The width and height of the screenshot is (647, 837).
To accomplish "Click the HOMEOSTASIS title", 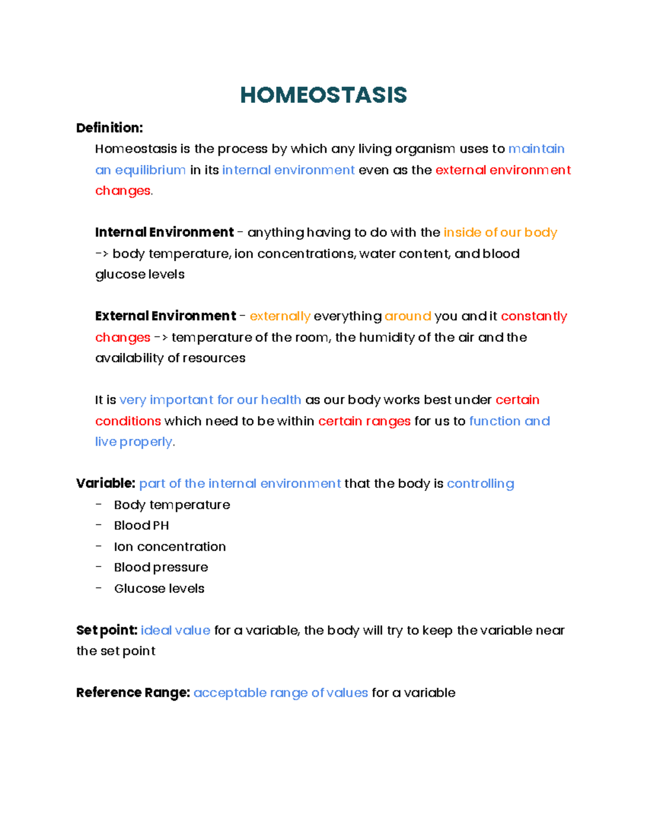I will coord(323,95).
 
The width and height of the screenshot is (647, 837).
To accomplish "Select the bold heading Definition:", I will coord(109,128).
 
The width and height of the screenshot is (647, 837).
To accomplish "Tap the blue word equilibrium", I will coord(150,170).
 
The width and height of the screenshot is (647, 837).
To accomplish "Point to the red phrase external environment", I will coord(503,170).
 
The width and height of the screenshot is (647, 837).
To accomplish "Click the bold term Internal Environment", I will coord(164,232).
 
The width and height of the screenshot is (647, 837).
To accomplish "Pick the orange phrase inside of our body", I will coord(500,232).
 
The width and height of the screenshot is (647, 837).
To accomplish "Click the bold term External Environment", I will coord(166,316).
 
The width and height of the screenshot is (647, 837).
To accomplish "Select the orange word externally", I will coord(280,316).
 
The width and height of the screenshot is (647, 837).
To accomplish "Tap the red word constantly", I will coord(534,316).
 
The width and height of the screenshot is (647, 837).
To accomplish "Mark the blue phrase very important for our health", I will coord(210,400).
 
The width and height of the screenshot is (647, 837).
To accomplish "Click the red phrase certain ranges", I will coord(364,421).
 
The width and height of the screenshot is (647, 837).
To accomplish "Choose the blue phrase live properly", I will coord(134,442).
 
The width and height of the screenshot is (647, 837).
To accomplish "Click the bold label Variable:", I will coord(106,483).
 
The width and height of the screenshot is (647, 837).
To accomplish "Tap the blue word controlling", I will coord(480,483).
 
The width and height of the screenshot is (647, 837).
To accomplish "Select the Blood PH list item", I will coord(141,525).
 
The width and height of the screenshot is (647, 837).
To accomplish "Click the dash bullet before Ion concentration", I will coord(99,546).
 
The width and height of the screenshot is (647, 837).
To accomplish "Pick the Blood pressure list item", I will coord(161,568).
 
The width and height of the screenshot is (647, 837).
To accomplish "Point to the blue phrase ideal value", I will coord(175,630).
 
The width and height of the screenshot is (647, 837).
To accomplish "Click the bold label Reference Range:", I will coord(133,693).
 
